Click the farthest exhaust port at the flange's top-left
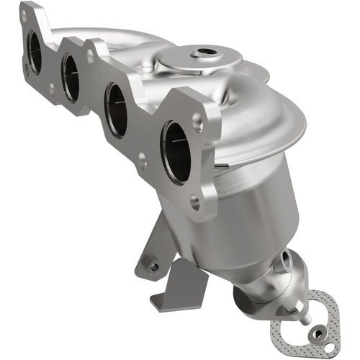[x=34, y=51]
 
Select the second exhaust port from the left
[x=71, y=77]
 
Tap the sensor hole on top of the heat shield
[x=206, y=53]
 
